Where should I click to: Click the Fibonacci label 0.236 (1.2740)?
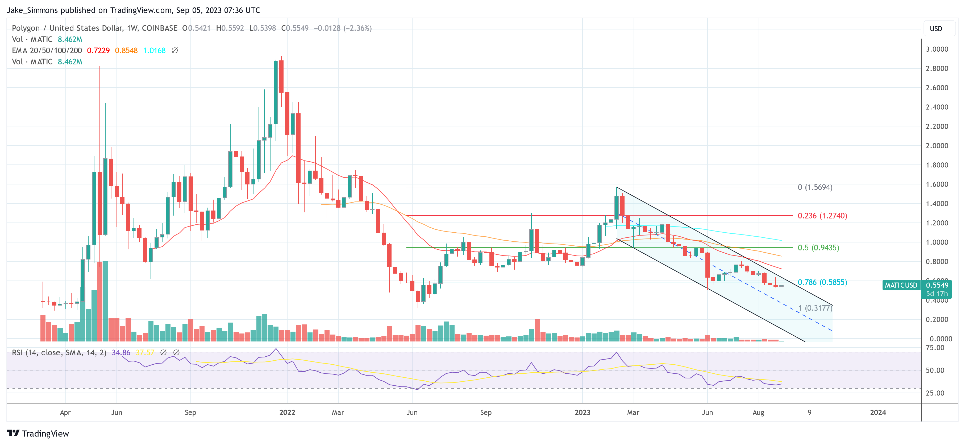click(822, 216)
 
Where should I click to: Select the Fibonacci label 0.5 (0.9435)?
click(818, 248)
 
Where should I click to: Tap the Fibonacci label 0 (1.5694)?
click(815, 187)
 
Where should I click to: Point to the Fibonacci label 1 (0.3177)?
click(815, 308)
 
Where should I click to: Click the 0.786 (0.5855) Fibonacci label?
click(822, 282)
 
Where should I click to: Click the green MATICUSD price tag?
click(901, 285)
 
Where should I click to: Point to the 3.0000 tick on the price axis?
click(937, 49)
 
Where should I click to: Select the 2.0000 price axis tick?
click(937, 146)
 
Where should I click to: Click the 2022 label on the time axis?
click(287, 412)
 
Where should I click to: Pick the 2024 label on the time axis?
click(878, 412)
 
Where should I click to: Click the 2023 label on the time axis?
click(582, 412)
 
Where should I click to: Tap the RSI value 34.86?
click(121, 352)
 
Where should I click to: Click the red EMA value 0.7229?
click(98, 50)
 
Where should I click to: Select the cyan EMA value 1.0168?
click(154, 50)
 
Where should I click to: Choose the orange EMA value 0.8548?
click(126, 50)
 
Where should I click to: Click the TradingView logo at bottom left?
click(38, 433)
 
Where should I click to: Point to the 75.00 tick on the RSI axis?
click(935, 348)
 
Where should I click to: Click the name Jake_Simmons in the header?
click(32, 10)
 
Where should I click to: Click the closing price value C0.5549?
click(295, 28)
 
